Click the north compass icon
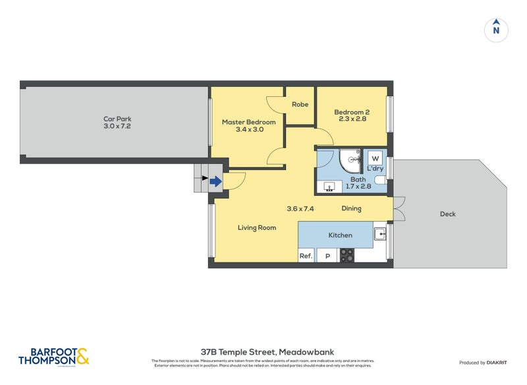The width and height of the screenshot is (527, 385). pos(496,29)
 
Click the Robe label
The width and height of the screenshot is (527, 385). pos(300,104)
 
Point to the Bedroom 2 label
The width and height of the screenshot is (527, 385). pos(351,112)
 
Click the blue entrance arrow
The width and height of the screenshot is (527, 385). pos(215,181)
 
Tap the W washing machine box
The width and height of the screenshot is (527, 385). pos(374,158)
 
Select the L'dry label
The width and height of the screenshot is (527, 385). pos(375,169)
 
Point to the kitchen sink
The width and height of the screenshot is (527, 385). pos(380,233)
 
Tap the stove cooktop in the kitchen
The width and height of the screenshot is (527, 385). pos(347,255)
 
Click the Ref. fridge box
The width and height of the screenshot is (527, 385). pos(306,256)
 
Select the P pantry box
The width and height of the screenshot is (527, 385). pos(326,256)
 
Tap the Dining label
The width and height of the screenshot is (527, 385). pos(351,209)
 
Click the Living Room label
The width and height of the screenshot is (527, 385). pos(257,227)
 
